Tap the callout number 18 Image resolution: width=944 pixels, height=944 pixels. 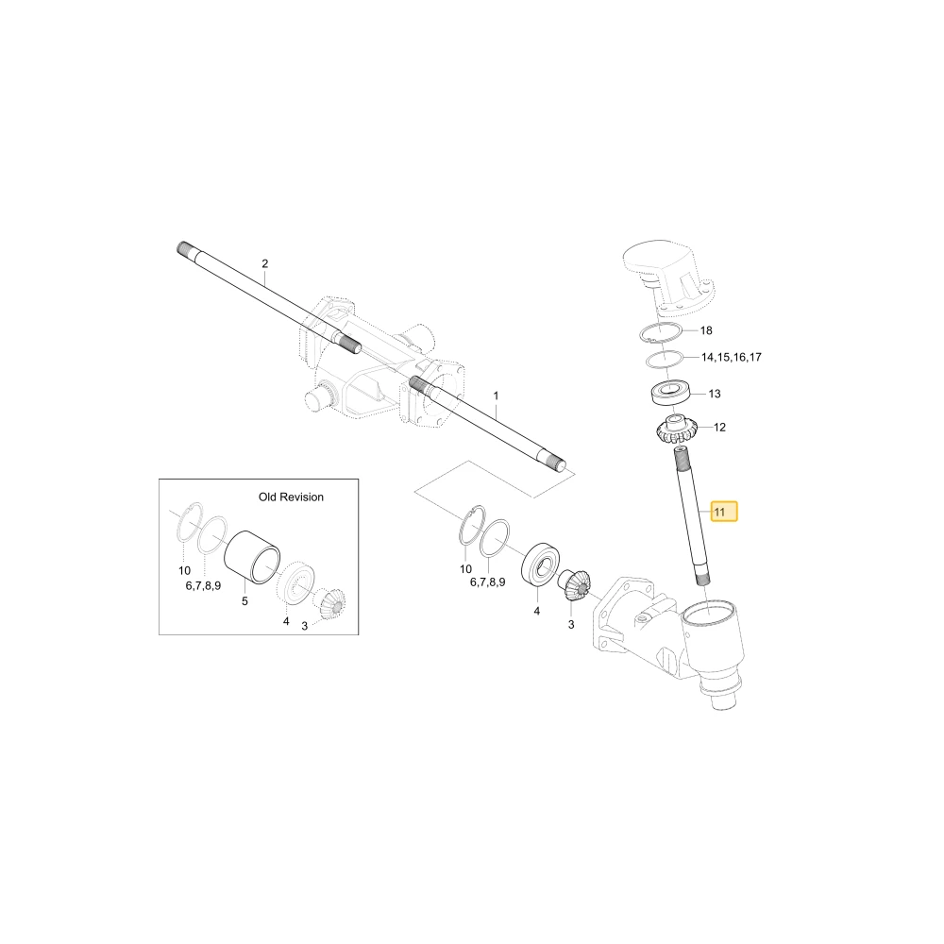(x=706, y=330)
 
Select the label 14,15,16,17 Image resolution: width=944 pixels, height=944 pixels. (x=732, y=357)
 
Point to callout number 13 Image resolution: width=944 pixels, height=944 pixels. (x=715, y=394)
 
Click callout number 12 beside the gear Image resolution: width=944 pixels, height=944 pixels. (x=720, y=428)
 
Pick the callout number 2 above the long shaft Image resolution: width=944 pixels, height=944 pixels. (x=265, y=263)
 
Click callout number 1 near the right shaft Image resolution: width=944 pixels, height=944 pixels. (x=497, y=396)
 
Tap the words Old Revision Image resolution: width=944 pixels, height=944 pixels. (x=292, y=497)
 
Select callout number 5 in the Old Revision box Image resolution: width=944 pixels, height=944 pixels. (x=244, y=600)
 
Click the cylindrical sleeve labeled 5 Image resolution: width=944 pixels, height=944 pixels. (x=252, y=558)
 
